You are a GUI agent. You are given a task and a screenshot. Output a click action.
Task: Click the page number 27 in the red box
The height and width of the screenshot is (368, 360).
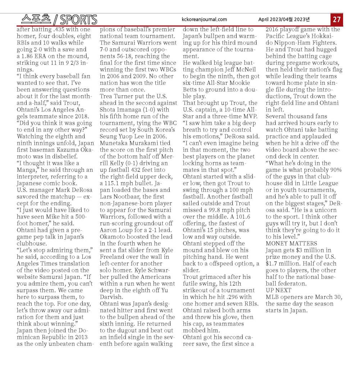pyautogui.click(x=337, y=19)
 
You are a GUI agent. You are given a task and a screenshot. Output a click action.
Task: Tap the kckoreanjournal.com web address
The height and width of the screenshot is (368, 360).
pyautogui.click(x=205, y=19)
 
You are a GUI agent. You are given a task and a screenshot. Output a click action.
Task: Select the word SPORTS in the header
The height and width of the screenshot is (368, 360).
pyautogui.click(x=78, y=19)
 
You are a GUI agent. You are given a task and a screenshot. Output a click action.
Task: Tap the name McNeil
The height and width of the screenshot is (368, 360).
pyautogui.click(x=244, y=69)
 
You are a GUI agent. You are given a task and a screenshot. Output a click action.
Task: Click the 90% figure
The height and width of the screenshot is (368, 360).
pyautogui.click(x=335, y=170)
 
